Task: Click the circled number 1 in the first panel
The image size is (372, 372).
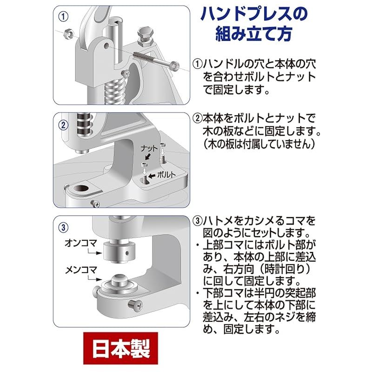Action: click(x=63, y=17)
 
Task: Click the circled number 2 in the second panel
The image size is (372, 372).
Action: click(x=63, y=125)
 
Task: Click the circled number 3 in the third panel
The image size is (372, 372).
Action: click(x=63, y=227)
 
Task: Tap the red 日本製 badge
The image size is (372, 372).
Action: click(x=120, y=348)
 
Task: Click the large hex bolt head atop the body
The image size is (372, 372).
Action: click(x=145, y=36)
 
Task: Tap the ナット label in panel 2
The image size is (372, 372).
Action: click(x=149, y=148)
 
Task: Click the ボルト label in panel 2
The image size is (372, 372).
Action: click(x=166, y=175)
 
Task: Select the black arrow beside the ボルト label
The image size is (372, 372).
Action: click(x=152, y=176)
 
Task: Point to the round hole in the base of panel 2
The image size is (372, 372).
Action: click(x=81, y=189)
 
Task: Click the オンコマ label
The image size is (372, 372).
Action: click(x=80, y=243)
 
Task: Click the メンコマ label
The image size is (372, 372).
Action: click(x=81, y=270)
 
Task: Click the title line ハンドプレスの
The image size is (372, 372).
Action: click(x=254, y=14)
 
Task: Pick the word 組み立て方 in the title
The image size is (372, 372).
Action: click(x=253, y=34)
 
